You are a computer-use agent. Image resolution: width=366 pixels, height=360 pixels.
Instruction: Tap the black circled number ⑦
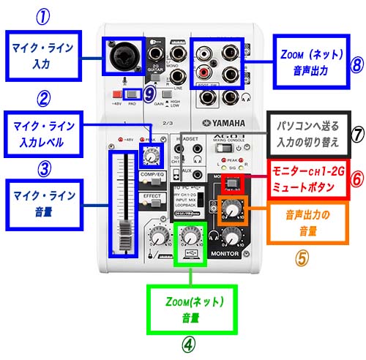(356, 135)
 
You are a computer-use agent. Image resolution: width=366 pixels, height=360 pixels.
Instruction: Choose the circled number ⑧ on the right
(356, 63)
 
